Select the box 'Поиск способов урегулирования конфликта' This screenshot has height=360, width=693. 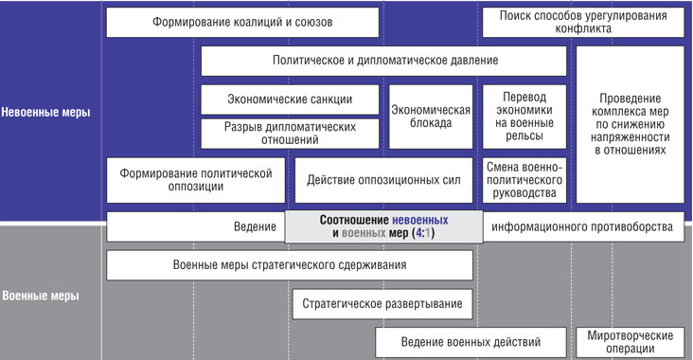tap(584, 22)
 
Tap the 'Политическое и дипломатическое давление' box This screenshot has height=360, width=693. tap(383, 61)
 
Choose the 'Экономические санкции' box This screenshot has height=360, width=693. tap(290, 99)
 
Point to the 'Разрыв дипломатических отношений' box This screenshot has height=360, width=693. tap(290, 133)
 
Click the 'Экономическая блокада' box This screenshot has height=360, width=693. tap(431, 116)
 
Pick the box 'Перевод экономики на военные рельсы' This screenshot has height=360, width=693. tap(524, 116)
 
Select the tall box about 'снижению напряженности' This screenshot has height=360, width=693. tap(631, 124)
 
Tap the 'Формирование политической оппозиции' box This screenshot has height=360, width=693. tap(196, 180)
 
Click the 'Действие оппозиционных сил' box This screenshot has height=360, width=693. tap(383, 180)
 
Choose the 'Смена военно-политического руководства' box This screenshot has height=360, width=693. tap(524, 180)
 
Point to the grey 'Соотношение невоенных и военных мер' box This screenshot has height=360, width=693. tap(383, 225)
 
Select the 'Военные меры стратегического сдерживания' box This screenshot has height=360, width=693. tap(290, 265)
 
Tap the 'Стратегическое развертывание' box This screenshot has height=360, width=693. tap(382, 303)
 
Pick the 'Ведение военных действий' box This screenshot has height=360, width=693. tap(471, 341)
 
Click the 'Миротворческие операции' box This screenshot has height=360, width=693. tap(631, 341)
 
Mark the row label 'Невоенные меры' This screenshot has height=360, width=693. tap(46, 112)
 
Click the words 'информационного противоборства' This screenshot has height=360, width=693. tap(583, 226)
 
